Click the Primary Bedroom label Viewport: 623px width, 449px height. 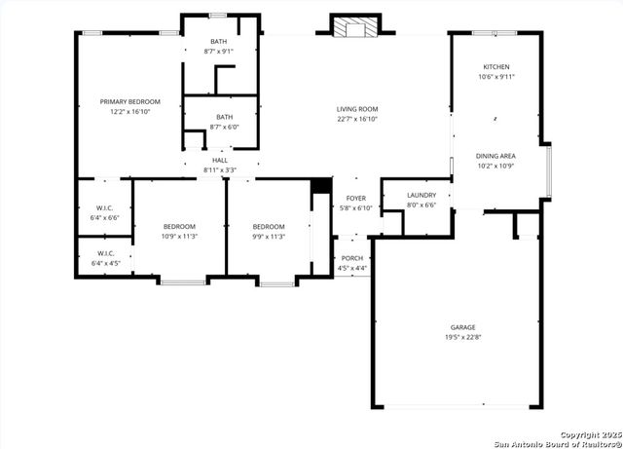coord(129,101)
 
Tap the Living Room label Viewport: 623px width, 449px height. coord(357,109)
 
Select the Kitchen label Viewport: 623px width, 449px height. coord(496,66)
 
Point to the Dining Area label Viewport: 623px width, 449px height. coord(495,156)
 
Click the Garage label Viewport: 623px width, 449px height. coord(462,327)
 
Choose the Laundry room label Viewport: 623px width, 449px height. coord(421,195)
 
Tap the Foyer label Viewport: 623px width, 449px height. coord(355,199)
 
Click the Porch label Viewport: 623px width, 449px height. coord(351,258)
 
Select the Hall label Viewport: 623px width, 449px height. coord(220,161)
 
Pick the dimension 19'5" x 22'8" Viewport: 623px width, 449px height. coord(462,337)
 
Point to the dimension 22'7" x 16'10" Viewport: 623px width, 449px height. coord(357,119)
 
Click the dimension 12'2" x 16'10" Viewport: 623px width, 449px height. coord(129,111)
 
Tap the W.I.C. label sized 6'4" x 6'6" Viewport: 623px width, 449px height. coord(105,207)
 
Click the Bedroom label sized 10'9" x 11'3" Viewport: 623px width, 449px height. coord(179,226)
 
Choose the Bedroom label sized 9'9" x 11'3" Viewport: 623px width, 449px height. coord(269,226)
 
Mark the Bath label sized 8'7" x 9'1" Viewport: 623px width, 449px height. coord(218,42)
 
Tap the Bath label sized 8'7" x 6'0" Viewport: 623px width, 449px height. coord(224,117)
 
